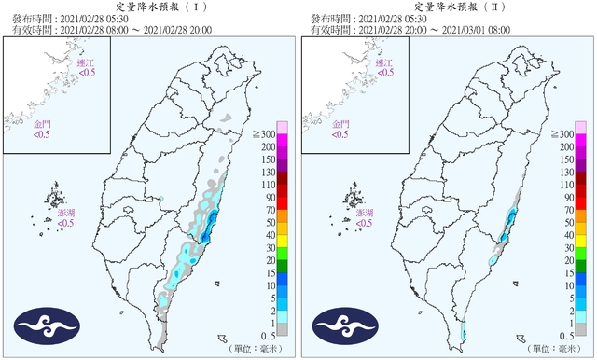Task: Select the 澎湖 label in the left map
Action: coord(65,214)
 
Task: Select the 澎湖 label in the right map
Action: coord(366,214)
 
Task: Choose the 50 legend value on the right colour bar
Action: coord(569,223)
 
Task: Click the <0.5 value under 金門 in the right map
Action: coord(341,135)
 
